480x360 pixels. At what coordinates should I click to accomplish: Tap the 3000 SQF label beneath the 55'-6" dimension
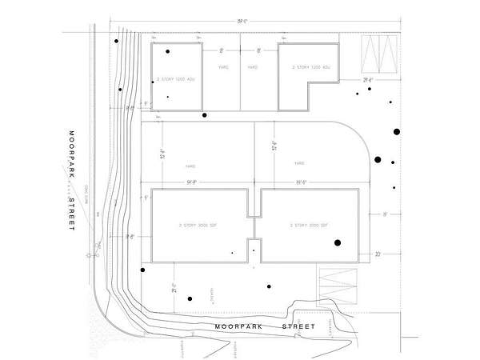(306, 226)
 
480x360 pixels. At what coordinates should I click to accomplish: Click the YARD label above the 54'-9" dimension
(190, 166)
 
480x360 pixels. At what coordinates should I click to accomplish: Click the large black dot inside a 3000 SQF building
(338, 242)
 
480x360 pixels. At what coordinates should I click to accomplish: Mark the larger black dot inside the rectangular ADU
(168, 52)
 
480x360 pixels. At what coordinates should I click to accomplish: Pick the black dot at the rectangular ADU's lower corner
(205, 115)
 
